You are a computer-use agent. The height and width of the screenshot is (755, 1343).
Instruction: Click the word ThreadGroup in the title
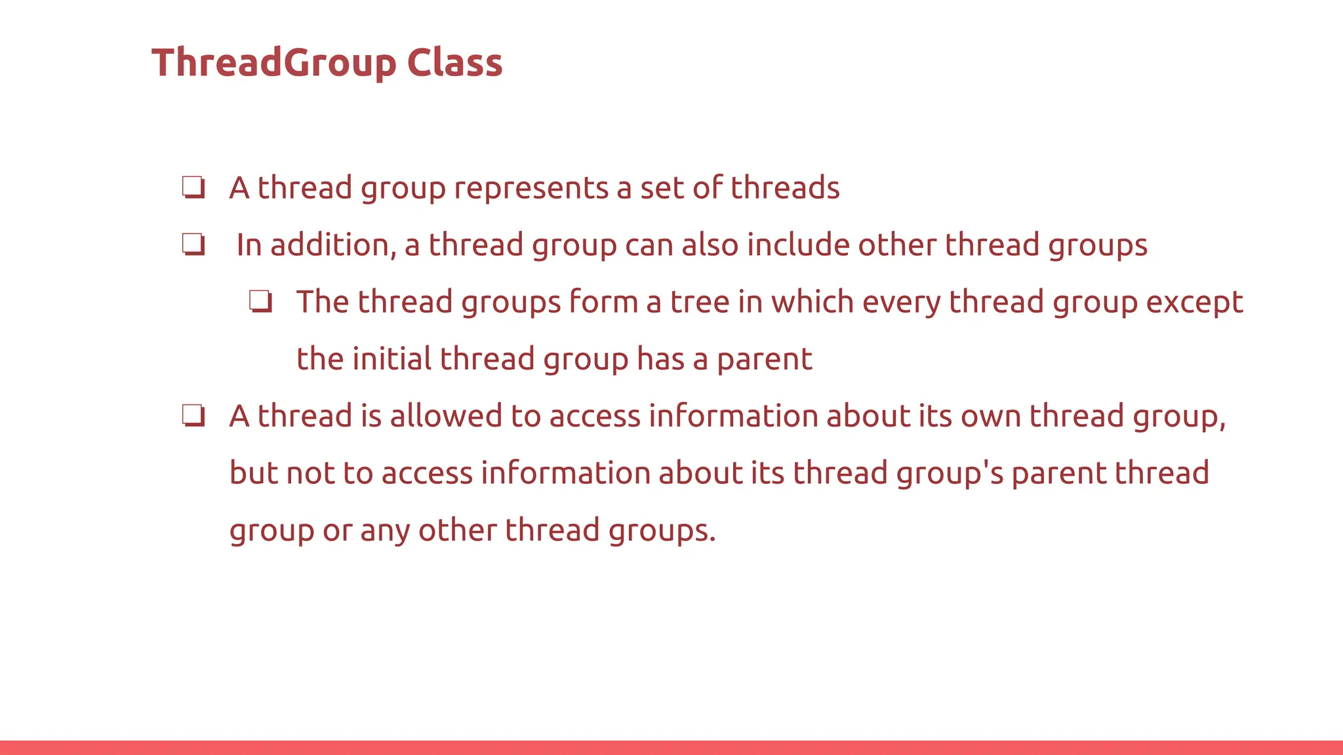[x=274, y=64]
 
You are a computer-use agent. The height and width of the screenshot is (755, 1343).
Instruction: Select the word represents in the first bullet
[x=531, y=188]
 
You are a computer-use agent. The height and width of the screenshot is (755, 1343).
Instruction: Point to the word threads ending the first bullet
[x=785, y=188]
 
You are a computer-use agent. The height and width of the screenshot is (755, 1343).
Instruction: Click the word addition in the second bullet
[x=333, y=245]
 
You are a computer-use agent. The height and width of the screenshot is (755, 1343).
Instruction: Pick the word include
[x=798, y=245]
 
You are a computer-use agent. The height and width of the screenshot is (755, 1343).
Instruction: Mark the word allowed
[x=446, y=416]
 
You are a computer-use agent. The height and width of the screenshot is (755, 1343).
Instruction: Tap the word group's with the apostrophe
[x=950, y=473]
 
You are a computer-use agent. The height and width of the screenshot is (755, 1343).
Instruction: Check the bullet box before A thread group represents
[x=193, y=188]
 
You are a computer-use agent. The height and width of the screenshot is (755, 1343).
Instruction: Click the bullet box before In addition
[x=193, y=245]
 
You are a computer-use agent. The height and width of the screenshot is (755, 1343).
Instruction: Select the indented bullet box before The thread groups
[x=260, y=302]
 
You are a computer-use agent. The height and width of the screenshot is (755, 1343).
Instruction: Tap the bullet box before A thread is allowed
[x=193, y=416]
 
